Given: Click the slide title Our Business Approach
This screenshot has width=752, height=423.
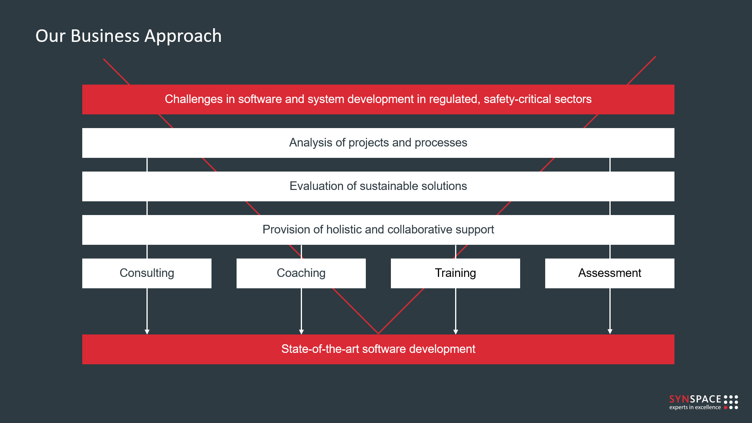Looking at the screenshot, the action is [128, 36].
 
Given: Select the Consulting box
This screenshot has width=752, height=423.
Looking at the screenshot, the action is [147, 273].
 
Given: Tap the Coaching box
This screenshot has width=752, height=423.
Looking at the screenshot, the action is [301, 273].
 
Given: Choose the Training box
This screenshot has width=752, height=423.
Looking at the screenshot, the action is [456, 273].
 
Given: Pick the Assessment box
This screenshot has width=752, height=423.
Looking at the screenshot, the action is [610, 273].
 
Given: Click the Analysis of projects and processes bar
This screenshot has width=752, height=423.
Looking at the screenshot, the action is [378, 143].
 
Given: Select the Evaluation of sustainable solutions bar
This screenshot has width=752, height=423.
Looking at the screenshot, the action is [378, 186].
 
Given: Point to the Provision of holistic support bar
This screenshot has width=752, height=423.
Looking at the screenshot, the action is [378, 230].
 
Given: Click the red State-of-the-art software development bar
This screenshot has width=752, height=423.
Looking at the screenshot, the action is [378, 349].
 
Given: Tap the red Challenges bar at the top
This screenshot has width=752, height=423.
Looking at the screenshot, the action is [378, 99].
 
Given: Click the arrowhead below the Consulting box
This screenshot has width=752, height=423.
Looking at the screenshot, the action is [147, 332].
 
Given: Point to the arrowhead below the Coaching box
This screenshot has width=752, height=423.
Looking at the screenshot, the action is [301, 332].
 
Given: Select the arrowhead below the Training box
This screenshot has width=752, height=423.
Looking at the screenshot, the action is [456, 332].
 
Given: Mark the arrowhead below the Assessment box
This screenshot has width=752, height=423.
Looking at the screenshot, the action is [610, 332].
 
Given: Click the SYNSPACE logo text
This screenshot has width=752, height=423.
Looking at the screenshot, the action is [695, 399].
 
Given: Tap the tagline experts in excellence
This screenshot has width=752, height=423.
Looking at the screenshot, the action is [695, 407].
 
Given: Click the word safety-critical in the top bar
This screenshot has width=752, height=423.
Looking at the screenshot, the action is [518, 99].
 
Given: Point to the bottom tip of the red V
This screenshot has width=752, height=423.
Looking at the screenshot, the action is [378, 334].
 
